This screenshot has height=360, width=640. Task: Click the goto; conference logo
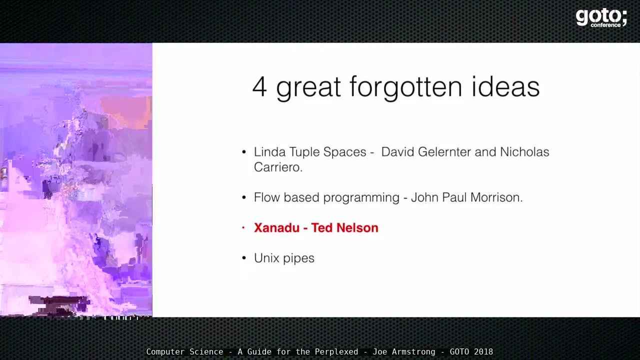pyautogui.click(x=601, y=18)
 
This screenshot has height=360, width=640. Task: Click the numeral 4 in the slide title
pyautogui.click(x=259, y=87)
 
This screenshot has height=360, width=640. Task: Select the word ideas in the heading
pyautogui.click(x=505, y=86)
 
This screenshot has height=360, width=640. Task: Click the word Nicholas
pyautogui.click(x=524, y=151)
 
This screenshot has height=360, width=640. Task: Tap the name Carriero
pyautogui.click(x=278, y=167)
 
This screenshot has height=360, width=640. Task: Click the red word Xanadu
pyautogui.click(x=276, y=227)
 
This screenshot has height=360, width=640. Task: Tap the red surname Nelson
pyautogui.click(x=357, y=227)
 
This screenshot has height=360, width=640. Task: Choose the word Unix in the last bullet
pyautogui.click(x=266, y=258)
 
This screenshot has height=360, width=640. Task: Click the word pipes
pyautogui.click(x=299, y=259)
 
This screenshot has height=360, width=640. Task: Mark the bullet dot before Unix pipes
pyautogui.click(x=243, y=258)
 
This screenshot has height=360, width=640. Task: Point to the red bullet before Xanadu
pyautogui.click(x=243, y=227)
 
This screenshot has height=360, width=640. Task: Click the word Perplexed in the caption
pyautogui.click(x=336, y=351)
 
